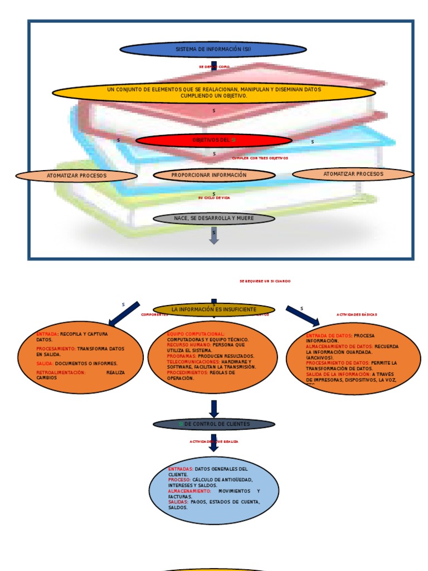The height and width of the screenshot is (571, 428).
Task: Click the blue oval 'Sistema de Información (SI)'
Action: pyautogui.click(x=213, y=50)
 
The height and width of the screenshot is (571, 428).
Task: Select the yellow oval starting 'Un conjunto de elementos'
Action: pyautogui.click(x=213, y=93)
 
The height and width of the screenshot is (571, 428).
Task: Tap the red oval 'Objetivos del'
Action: pyautogui.click(x=213, y=140)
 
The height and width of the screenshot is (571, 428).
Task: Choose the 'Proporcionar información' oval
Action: pyautogui.click(x=214, y=175)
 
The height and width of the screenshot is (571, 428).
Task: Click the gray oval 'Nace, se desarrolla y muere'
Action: pyautogui.click(x=213, y=219)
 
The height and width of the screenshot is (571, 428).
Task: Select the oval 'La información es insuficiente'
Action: pyautogui.click(x=214, y=309)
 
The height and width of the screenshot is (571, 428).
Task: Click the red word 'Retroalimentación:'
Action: pyautogui.click(x=61, y=372)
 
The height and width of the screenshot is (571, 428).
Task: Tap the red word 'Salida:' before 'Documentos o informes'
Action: pyautogui.click(x=45, y=363)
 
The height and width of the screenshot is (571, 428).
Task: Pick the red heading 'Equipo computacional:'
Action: pyautogui.click(x=196, y=333)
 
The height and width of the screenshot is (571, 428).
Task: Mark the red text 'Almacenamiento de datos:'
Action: pyautogui.click(x=339, y=346)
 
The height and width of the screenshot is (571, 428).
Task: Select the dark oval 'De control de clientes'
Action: pyautogui.click(x=214, y=424)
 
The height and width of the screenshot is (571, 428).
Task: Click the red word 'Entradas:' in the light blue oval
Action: pyautogui.click(x=181, y=469)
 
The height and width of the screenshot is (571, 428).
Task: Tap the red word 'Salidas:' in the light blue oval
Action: pyautogui.click(x=178, y=502)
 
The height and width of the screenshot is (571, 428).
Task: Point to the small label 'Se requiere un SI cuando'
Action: pyautogui.click(x=265, y=281)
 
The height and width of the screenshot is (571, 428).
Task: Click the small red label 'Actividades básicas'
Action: pyautogui.click(x=357, y=314)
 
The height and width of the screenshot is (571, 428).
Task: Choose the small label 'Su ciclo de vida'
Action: pyautogui.click(x=213, y=198)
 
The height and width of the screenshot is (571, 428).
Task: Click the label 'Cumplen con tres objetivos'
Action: pyautogui.click(x=260, y=158)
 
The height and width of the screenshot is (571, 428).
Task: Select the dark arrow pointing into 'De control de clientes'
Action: pyautogui.click(x=213, y=409)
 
